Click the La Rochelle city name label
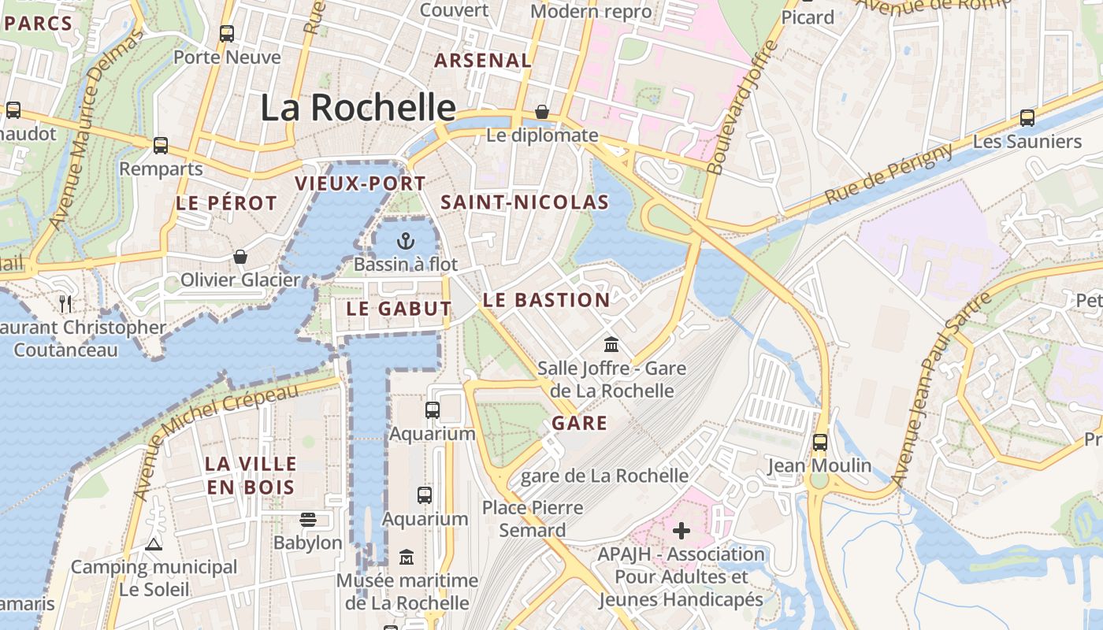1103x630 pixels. click(358, 108)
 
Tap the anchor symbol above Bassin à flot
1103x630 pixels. click(405, 240)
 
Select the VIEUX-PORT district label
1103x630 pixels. click(360, 183)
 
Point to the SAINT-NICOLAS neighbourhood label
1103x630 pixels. click(525, 202)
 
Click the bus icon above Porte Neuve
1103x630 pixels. click(227, 34)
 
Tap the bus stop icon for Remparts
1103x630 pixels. click(161, 146)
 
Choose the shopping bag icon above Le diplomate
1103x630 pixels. click(542, 112)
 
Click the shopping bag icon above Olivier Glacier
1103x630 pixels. click(240, 257)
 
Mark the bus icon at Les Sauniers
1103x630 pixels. click(1027, 118)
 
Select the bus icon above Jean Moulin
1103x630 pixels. click(820, 442)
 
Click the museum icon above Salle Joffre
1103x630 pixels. click(611, 345)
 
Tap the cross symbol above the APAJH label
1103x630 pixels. click(681, 531)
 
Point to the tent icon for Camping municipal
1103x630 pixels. click(154, 544)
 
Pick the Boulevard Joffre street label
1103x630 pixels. click(742, 107)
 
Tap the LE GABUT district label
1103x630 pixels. click(399, 309)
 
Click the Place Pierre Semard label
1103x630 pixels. click(533, 519)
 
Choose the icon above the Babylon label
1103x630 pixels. click(308, 520)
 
